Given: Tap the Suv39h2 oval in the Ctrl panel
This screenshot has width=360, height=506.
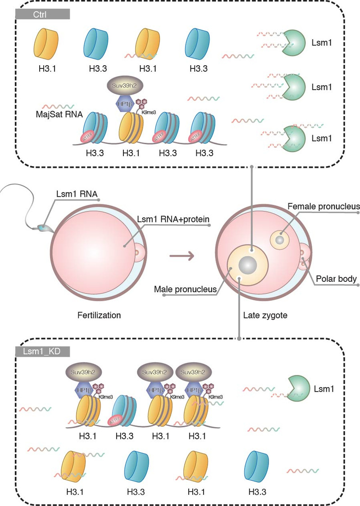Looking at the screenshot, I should (x=125, y=85).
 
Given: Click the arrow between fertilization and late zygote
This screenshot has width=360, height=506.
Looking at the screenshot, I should (x=182, y=257).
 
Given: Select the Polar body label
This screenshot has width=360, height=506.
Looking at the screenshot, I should (x=336, y=279).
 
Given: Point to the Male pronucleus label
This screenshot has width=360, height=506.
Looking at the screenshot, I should (x=180, y=288).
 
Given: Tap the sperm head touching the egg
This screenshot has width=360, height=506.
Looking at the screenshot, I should (x=45, y=228).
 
